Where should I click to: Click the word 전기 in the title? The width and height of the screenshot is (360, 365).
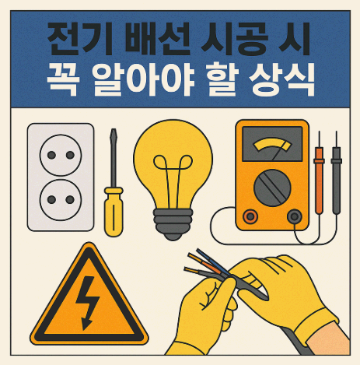pos(71,37)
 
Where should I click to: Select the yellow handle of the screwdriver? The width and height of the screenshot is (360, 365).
pos(114,209)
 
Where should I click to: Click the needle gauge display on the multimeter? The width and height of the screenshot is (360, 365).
pos(269,146)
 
